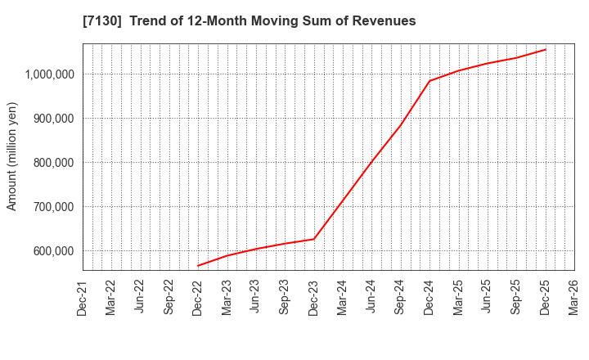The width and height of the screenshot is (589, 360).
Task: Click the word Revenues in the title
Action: pyautogui.click(x=384, y=21)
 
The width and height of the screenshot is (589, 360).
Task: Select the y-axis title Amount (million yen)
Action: pyautogui.click(x=12, y=156)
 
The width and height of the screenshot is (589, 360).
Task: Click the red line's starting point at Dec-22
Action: pyautogui.click(x=198, y=266)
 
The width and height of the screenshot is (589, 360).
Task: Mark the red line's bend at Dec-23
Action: pyautogui.click(x=314, y=239)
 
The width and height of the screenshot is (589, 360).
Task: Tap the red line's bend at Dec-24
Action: pyautogui.click(x=429, y=81)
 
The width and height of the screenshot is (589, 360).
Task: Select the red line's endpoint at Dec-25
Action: pyautogui.click(x=546, y=49)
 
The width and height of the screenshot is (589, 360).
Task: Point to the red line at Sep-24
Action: pyautogui.click(x=401, y=124)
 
